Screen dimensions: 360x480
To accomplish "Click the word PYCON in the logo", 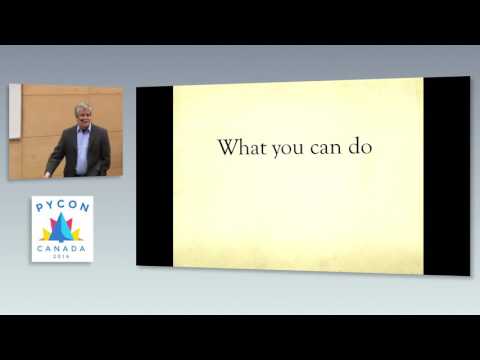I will pos(62,206).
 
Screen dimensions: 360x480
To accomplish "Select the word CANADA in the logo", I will pos(62,247).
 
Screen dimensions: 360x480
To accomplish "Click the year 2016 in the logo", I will pos(62,255).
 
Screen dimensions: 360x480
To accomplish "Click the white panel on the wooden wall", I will pos(15,110).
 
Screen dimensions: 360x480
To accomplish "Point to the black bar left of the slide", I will pos(154,175).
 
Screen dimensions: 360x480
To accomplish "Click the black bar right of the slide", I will pos(446,175).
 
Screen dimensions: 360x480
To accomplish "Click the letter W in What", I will pos(226,148).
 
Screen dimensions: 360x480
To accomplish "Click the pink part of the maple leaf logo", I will pos(53,226).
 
